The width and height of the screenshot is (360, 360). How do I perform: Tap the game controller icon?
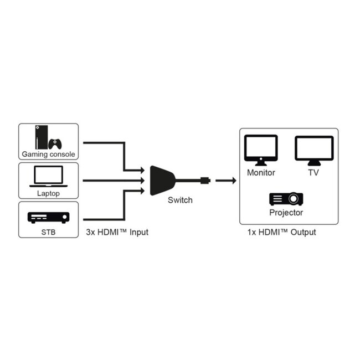[55, 144]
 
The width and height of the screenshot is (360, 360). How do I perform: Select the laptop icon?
[48, 176]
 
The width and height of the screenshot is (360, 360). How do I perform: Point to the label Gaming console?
[48, 155]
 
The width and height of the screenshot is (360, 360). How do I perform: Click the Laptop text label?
[48, 194]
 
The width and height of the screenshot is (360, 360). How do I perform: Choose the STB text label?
[48, 232]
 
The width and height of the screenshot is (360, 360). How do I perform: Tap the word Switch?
[180, 200]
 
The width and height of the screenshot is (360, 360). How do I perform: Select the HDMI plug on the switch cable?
[205, 180]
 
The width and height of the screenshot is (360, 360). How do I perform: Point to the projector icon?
[286, 198]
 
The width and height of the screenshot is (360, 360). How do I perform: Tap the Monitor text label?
[261, 172]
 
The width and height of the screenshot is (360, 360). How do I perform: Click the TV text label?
[313, 172]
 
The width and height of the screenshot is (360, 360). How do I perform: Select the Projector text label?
[286, 213]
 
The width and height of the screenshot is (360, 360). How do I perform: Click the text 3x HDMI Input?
[117, 232]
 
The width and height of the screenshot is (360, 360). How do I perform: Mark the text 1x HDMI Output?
[281, 232]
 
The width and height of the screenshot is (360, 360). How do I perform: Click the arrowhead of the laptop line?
[144, 180]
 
